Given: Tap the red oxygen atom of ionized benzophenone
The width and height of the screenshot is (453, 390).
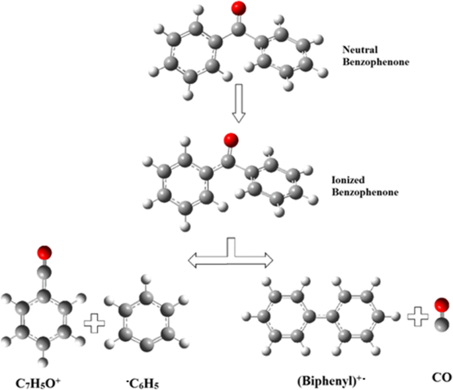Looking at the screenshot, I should pyautogui.click(x=231, y=139).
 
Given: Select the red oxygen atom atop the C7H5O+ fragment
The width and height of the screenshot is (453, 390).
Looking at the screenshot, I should pyautogui.click(x=45, y=252).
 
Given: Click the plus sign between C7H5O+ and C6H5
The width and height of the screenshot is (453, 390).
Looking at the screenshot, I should pyautogui.click(x=95, y=324).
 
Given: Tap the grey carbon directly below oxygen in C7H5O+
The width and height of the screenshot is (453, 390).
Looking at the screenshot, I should pyautogui.click(x=45, y=270).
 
